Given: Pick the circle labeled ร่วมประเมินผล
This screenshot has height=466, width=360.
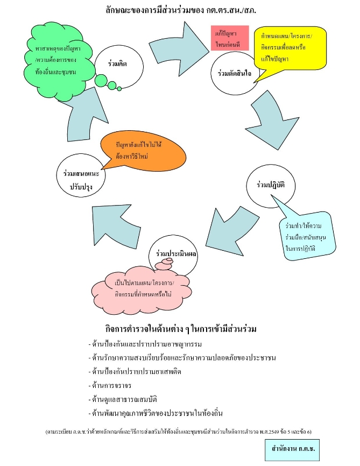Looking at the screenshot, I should [174, 250].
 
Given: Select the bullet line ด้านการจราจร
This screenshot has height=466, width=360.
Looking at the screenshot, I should [109, 385].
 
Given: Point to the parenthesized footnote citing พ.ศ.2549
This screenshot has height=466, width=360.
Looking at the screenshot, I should [180, 431].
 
